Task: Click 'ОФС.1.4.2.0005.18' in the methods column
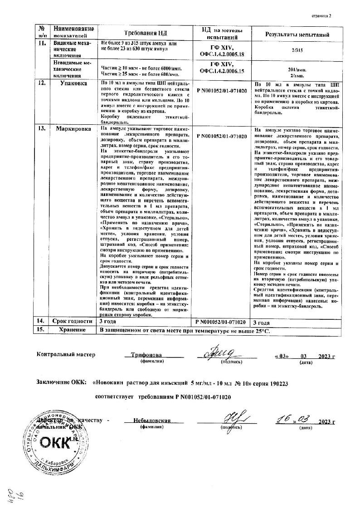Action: (x=222, y=54)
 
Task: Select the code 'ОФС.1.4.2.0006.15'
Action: (x=222, y=71)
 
